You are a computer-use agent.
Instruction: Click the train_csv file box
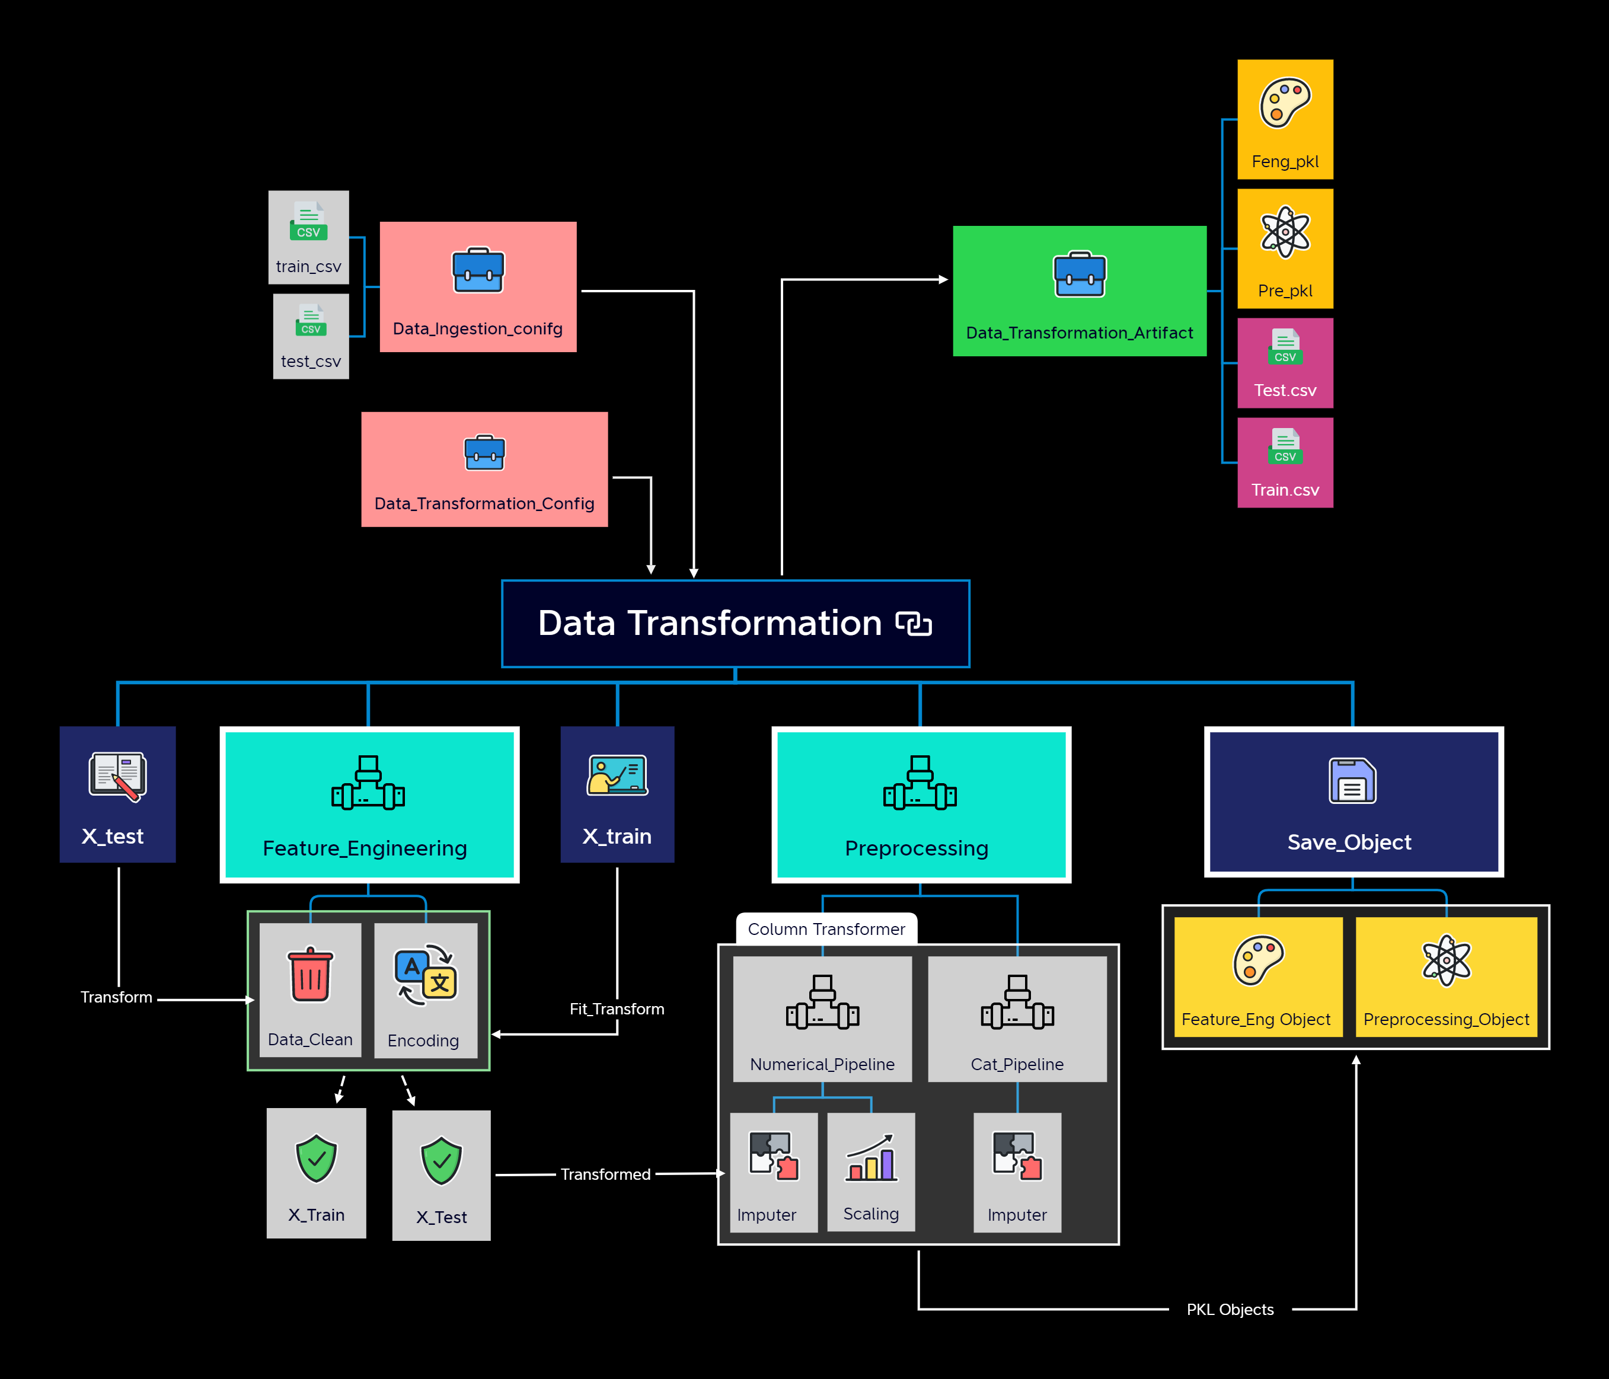coord(308,237)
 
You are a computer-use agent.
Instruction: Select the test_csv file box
coord(311,336)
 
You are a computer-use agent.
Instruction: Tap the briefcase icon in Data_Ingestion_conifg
coord(478,269)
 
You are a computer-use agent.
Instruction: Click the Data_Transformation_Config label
coord(484,503)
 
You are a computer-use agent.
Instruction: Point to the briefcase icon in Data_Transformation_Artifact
coord(1080,274)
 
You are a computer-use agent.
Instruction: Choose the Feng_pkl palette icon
coord(1285,103)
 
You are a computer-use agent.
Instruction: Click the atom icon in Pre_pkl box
coord(1285,231)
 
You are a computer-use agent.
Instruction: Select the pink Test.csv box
coord(1285,363)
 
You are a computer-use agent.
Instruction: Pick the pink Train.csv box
coord(1285,463)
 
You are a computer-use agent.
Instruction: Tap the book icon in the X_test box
coord(118,775)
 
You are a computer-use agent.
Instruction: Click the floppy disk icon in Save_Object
coord(1352,780)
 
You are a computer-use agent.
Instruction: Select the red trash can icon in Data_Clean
coord(311,975)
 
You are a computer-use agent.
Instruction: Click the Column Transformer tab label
coord(826,930)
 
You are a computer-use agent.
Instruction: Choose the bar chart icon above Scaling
coord(871,1158)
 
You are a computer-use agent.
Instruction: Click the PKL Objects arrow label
coord(1230,1310)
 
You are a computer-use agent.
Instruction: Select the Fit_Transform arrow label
coord(617,1008)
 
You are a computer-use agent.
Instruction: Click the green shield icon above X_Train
coord(317,1158)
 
